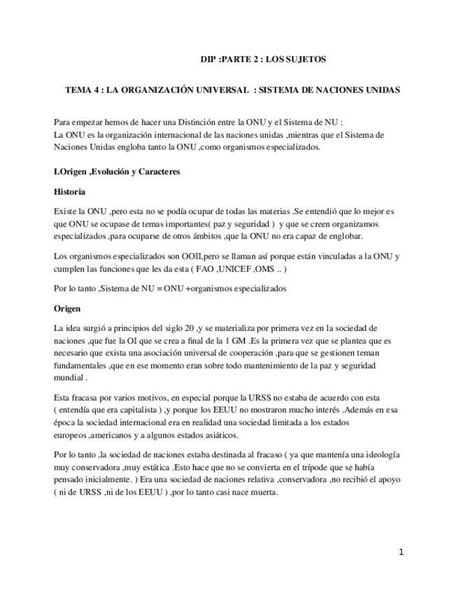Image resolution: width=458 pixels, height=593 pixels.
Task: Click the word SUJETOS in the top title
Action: (306, 59)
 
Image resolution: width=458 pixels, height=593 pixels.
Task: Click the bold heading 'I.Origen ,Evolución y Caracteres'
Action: (117, 171)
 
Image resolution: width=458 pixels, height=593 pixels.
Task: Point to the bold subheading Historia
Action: (69, 191)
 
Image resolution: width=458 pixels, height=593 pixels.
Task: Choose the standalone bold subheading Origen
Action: (67, 308)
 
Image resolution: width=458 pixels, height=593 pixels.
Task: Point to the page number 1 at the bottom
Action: (401, 552)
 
